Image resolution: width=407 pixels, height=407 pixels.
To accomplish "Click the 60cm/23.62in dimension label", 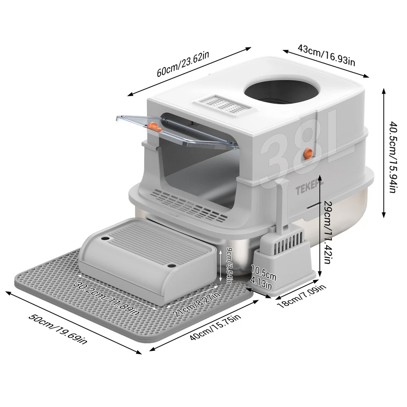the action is (183, 64).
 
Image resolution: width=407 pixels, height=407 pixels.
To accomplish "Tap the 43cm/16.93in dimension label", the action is (326, 55).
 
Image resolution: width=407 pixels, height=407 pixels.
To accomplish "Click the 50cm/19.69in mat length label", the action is (58, 329).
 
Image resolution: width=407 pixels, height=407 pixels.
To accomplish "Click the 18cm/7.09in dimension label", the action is (301, 296).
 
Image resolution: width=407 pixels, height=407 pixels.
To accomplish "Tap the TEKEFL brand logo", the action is (309, 189).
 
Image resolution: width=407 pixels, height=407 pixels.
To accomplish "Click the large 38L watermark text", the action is (307, 146).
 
